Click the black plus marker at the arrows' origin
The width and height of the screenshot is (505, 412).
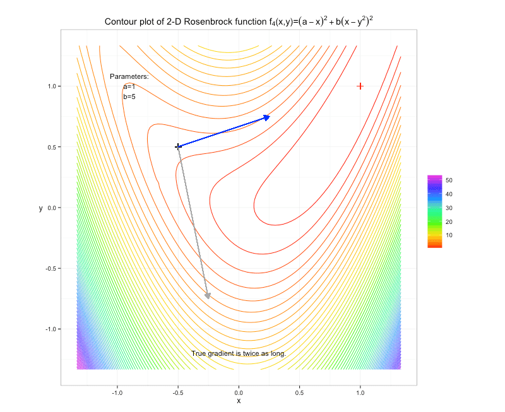tap(178, 147)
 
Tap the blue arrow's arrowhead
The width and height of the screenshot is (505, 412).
tap(266, 117)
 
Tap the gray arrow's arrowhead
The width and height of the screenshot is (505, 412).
tap(208, 296)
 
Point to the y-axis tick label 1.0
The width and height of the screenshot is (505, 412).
tap(52, 86)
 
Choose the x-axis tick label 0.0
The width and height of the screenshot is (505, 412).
tap(239, 392)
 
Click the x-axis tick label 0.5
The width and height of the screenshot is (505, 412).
tap(299, 392)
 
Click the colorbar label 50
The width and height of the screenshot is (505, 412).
tap(449, 180)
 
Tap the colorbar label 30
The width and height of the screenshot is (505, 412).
tap(449, 208)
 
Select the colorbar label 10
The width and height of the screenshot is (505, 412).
tap(449, 235)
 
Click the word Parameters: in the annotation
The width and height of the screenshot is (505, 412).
tap(129, 76)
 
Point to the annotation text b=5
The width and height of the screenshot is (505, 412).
tap(129, 97)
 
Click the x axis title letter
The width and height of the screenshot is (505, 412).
tap(239, 401)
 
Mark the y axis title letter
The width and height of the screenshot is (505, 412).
tap(40, 208)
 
